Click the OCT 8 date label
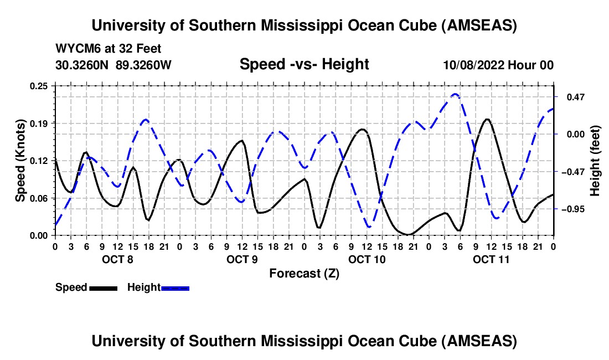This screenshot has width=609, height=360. [117, 259]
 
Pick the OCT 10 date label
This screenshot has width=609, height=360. [367, 259]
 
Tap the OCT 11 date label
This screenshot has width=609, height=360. [491, 259]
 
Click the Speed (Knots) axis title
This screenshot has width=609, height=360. [20, 160]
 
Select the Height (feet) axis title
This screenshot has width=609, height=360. [595, 161]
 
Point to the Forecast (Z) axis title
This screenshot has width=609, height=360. [304, 273]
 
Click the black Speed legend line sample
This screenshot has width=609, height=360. [103, 288]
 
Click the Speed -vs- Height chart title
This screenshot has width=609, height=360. [304, 64]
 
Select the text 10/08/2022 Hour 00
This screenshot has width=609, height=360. [498, 65]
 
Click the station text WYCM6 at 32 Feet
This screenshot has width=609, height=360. [109, 49]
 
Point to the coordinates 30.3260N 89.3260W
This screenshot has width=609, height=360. [113, 65]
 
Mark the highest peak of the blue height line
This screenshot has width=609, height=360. [455, 94]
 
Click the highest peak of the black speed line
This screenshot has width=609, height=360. [487, 119]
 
